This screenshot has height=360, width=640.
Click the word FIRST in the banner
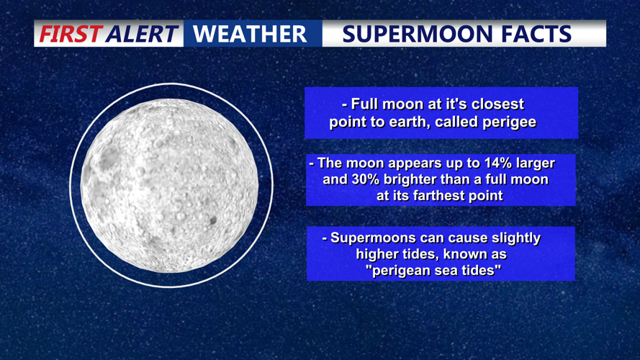coord(71,34)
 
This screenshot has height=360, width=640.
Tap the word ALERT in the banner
coord(142,34)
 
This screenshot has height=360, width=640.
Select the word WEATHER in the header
coord(250,34)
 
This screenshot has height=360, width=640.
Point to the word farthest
coord(446,195)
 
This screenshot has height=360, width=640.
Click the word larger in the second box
coord(533,163)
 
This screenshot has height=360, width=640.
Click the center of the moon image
coord(171,185)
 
